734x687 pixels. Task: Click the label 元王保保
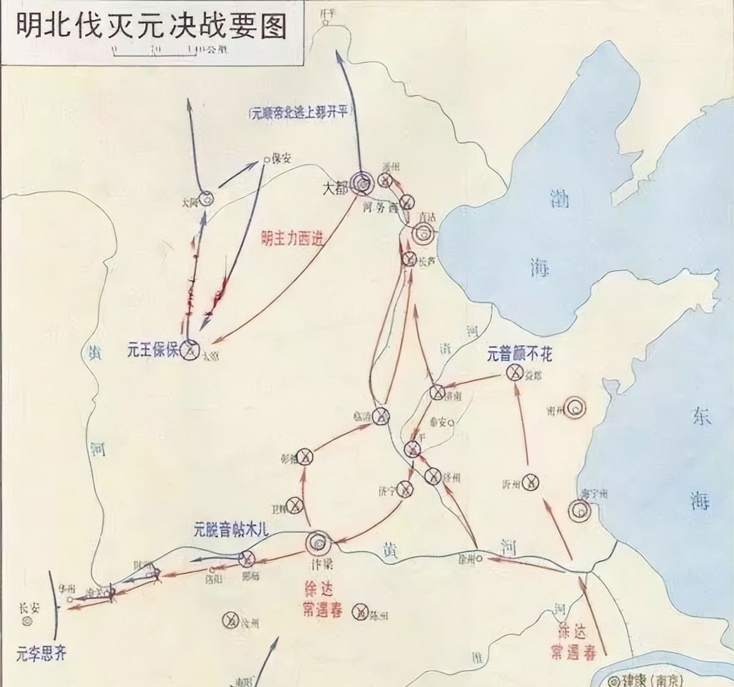click(x=153, y=351)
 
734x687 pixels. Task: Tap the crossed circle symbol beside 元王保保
click(x=190, y=351)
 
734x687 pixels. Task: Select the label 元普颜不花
click(x=519, y=354)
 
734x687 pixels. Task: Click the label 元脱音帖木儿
click(x=231, y=529)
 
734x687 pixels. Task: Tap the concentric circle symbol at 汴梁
click(x=318, y=542)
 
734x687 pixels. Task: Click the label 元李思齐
click(x=41, y=653)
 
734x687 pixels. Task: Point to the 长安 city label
click(x=28, y=608)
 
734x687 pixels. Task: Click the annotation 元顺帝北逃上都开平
click(x=294, y=113)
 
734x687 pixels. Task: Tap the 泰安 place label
click(x=438, y=421)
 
